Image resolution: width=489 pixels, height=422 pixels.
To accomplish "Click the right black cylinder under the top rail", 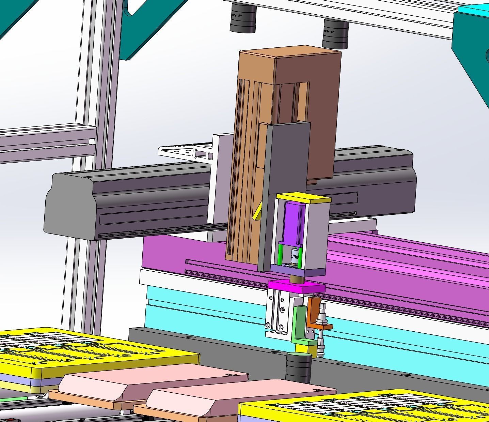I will pyautogui.click(x=335, y=34).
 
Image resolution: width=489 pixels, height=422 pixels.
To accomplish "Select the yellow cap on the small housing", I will pyautogui.click(x=303, y=198).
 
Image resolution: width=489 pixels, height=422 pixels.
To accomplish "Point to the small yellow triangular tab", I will pyautogui.click(x=257, y=213).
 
